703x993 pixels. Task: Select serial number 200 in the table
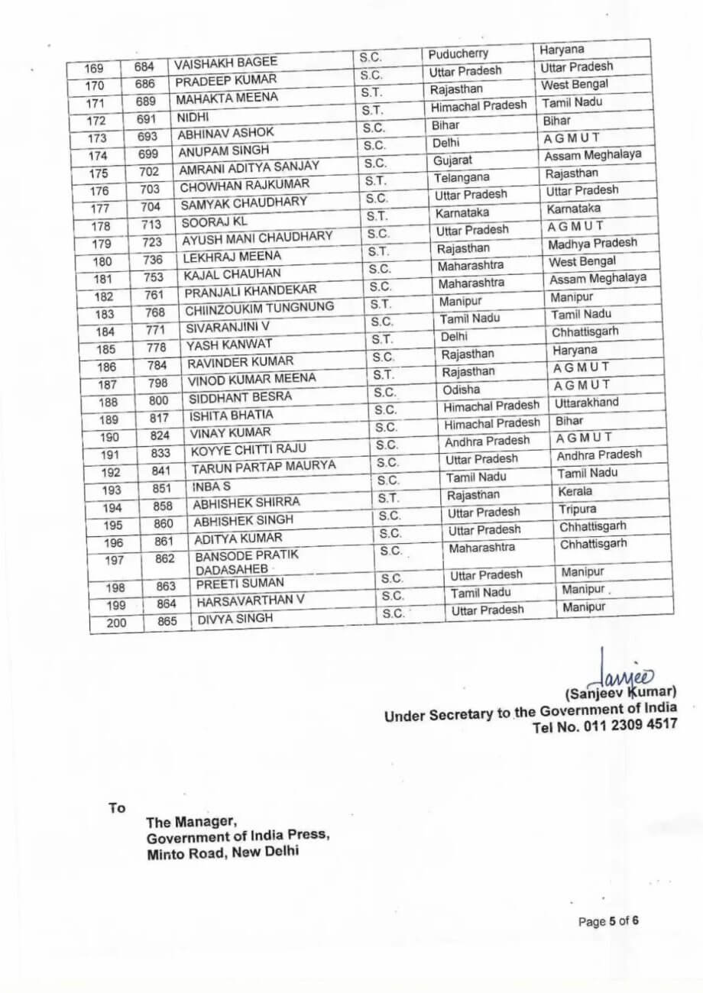117,623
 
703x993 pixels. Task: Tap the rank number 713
151,225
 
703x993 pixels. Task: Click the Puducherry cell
458,53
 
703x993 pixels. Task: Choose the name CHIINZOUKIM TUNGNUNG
259,309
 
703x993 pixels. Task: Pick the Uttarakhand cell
587,403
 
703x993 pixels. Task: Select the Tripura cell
578,509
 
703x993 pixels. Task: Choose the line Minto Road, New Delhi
223,850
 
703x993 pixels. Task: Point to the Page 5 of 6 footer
608,921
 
